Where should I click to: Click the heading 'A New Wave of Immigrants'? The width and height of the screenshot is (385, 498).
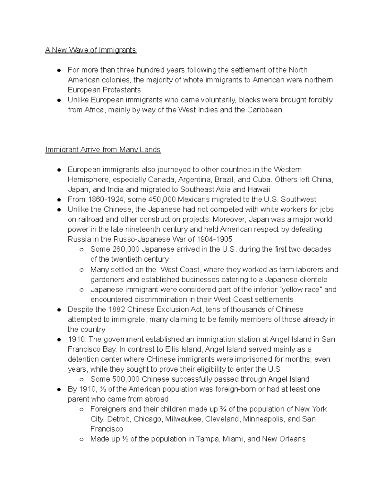coord(91,50)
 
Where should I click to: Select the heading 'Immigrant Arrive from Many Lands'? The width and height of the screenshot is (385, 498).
coord(103,150)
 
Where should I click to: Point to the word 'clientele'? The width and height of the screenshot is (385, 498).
coord(313,279)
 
